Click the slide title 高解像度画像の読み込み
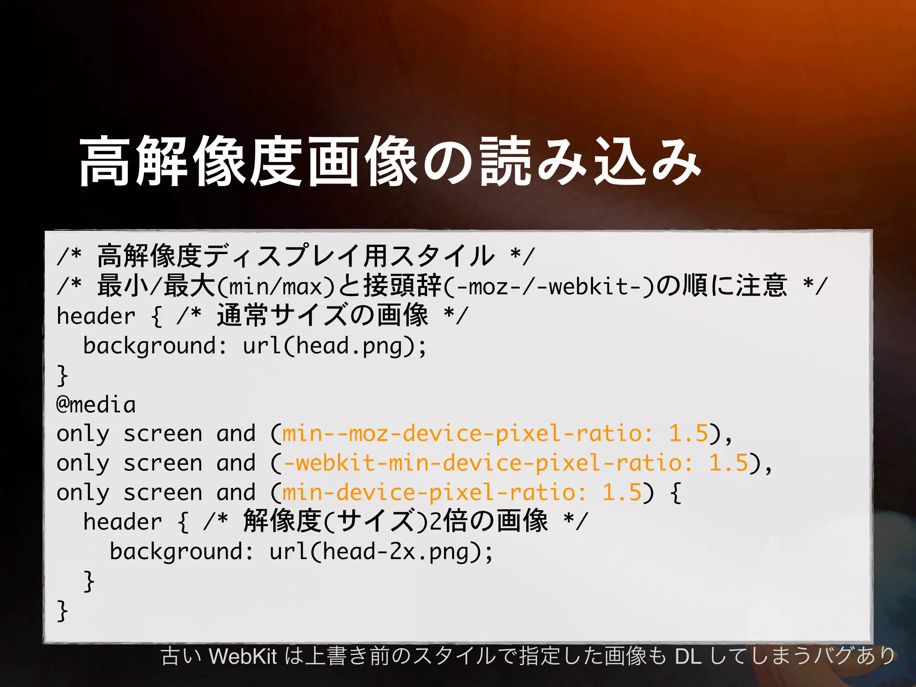pos(389,162)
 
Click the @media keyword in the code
pos(96,405)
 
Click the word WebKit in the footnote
pos(243,657)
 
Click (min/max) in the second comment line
pos(276,286)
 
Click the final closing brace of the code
pos(62,611)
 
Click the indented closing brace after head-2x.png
pos(89,581)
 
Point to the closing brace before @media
pos(62,376)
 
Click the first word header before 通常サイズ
pos(96,317)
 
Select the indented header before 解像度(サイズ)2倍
pos(123,522)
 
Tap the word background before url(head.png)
pos(149,346)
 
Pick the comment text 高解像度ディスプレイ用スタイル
pos(295,256)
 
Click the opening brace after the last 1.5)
pos(676,492)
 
